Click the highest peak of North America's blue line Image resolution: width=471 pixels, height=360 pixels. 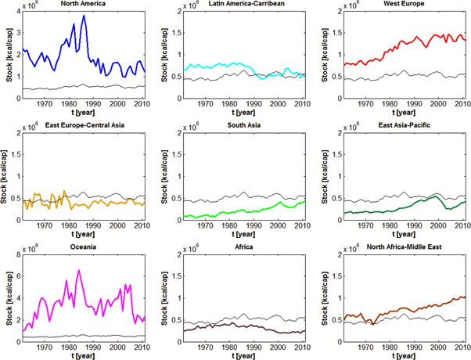coord(84,16)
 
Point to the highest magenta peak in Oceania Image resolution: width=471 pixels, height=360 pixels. coord(78,271)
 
